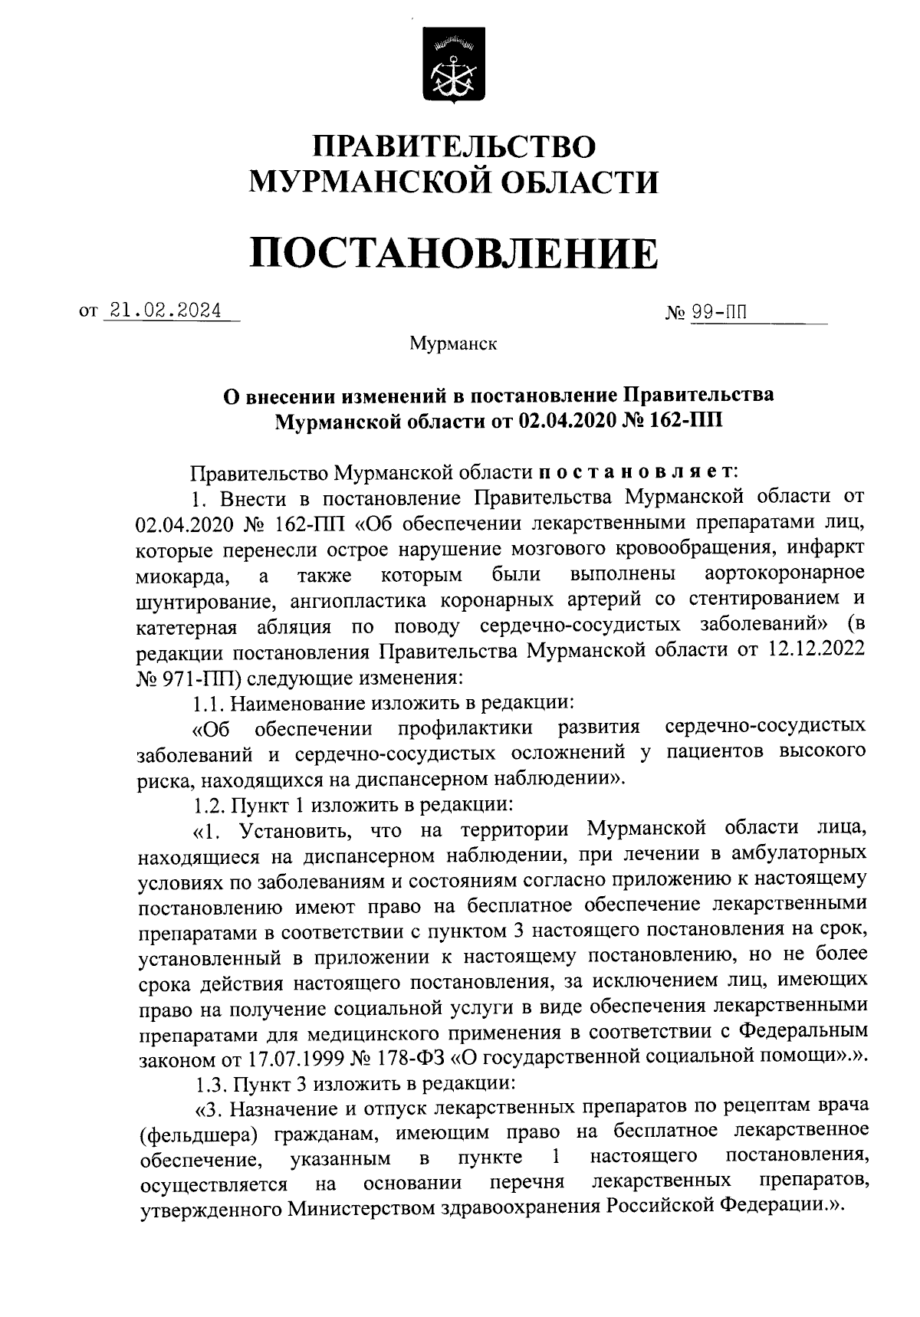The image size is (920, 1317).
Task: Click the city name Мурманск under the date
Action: (454, 344)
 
